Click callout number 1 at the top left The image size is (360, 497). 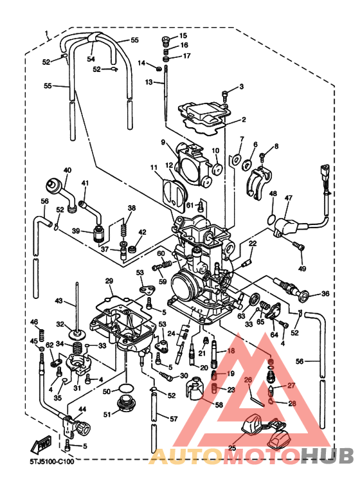[x=46, y=33]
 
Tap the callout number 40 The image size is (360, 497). [x=67, y=170]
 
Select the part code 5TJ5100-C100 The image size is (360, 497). [x=51, y=460]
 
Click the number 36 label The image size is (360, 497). [x=325, y=294]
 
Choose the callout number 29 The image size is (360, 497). [x=109, y=281]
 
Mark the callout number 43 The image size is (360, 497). [x=59, y=301]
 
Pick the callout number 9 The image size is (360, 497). [x=163, y=142]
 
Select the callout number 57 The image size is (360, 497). [x=174, y=419]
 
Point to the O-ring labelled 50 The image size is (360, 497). [x=126, y=389]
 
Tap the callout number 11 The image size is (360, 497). [x=154, y=168]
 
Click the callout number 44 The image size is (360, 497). [x=82, y=409]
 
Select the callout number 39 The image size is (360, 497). [x=76, y=231]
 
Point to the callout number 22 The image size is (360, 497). [x=253, y=243]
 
